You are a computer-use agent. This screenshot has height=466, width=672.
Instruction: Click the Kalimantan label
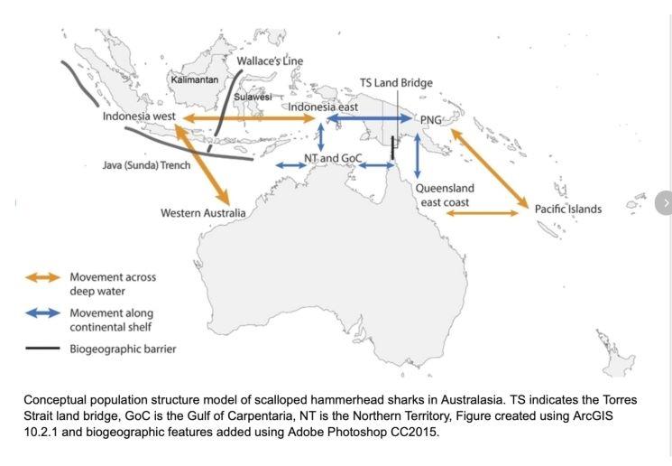pos(195,80)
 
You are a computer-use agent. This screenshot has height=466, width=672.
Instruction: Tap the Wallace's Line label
pos(270,61)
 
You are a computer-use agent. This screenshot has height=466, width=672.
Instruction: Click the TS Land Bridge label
pos(396,83)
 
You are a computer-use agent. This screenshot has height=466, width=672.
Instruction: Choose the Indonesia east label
pos(323,107)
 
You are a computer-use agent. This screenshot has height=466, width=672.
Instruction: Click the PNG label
pos(430,119)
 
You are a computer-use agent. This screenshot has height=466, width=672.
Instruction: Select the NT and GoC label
pos(333,158)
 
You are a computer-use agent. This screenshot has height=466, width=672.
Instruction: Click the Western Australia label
pos(203,213)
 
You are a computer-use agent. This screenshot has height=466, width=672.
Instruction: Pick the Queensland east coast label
pos(445,195)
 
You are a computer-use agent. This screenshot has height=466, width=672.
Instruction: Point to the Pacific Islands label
pos(567,209)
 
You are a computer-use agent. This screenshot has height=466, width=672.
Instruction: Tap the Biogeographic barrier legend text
pos(123,349)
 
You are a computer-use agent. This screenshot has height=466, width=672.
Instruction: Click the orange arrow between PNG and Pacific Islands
pos(488,168)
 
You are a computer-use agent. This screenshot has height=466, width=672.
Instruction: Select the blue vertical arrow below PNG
pos(417,155)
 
